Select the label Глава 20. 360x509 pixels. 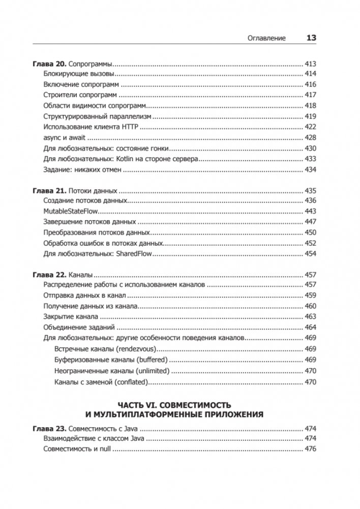click(x=49, y=64)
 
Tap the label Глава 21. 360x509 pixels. click(x=49, y=191)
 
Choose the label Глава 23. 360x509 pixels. click(x=49, y=428)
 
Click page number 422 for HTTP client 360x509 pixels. click(x=310, y=128)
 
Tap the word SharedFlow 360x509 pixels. click(x=138, y=254)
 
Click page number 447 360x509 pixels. click(x=310, y=222)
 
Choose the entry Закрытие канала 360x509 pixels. click(x=67, y=317)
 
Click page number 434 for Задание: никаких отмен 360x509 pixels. click(x=310, y=170)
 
